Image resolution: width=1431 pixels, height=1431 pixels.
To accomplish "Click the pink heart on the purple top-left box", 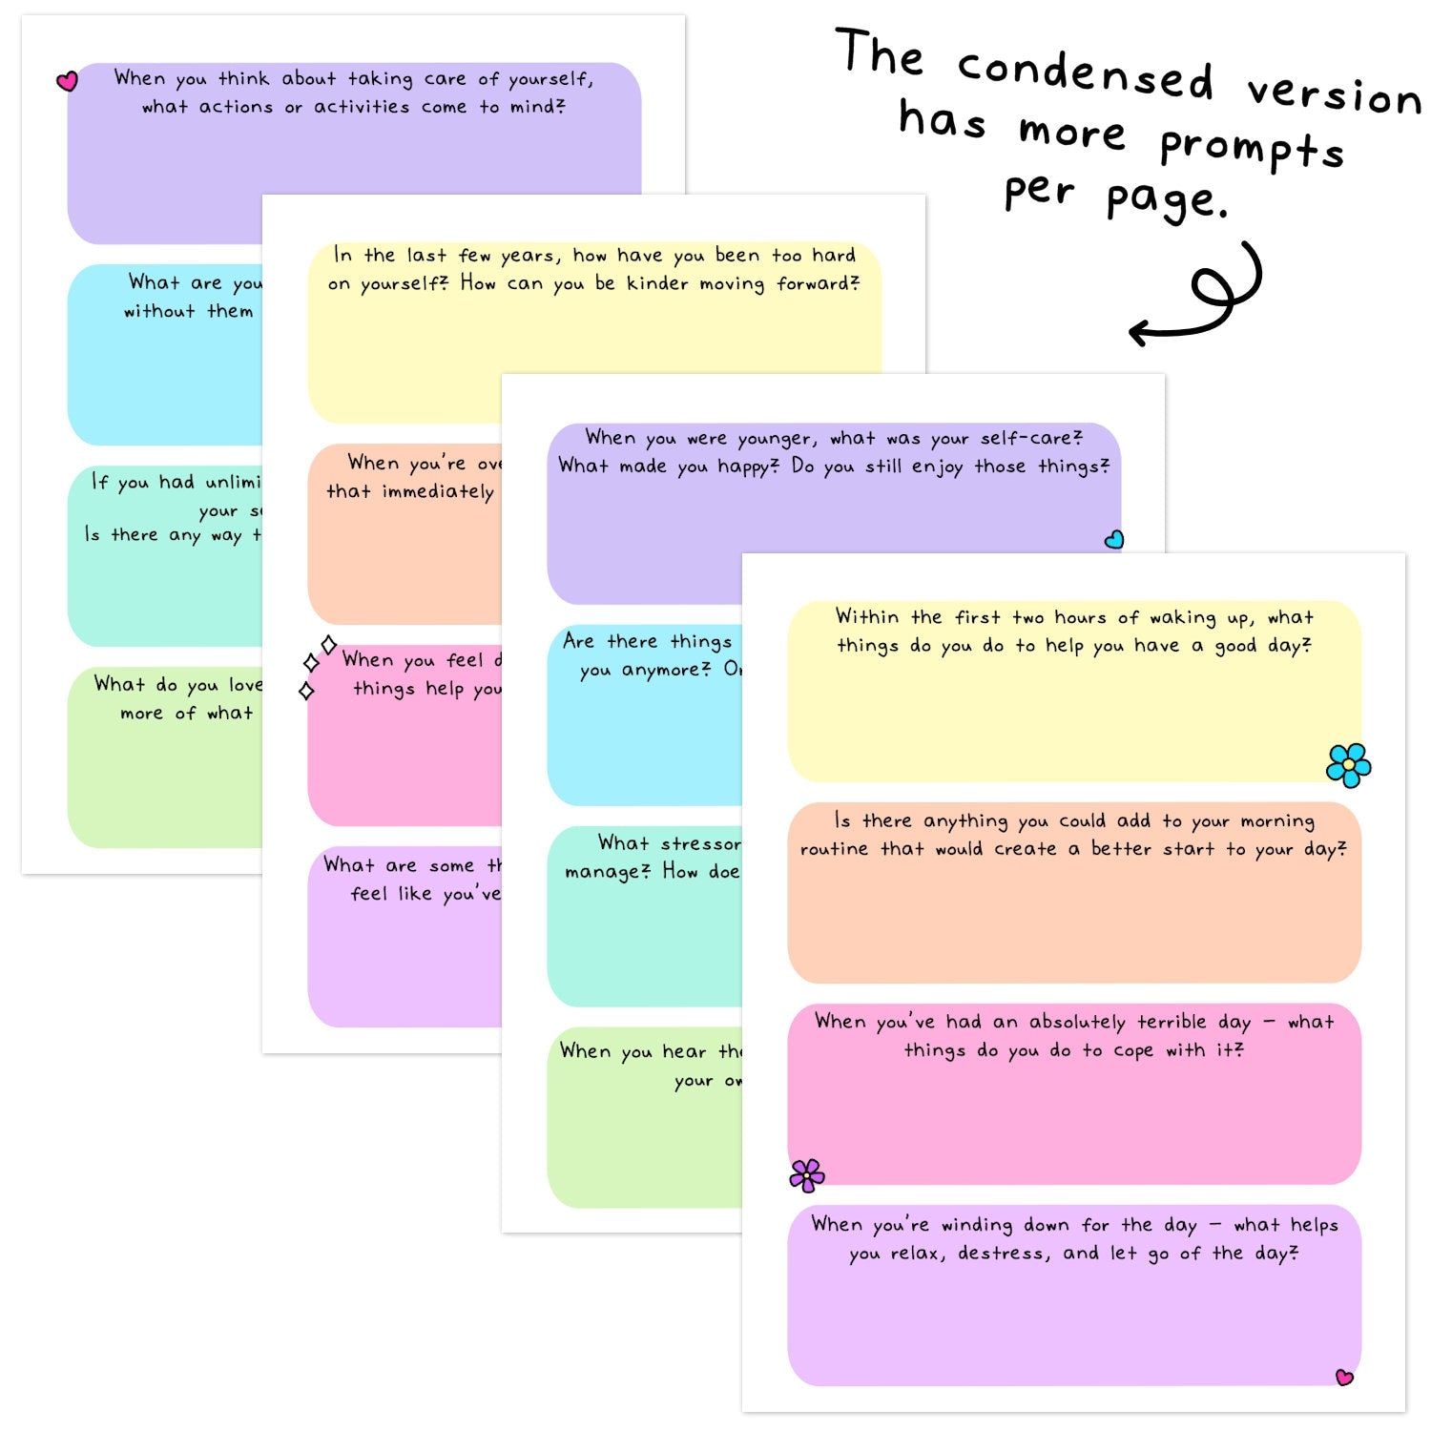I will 67,81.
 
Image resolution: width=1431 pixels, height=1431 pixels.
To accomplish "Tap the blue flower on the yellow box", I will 1348,765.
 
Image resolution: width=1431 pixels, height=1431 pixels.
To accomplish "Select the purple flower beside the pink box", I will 807,1175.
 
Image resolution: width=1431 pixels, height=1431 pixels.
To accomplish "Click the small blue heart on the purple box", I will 1113,540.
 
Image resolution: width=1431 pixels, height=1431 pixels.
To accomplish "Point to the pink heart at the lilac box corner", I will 1344,1377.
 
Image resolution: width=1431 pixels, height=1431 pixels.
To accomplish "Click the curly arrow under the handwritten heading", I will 1204,296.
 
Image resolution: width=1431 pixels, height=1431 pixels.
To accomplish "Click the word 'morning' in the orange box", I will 1277,821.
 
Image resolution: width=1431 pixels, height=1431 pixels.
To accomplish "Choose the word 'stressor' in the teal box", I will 701,843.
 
